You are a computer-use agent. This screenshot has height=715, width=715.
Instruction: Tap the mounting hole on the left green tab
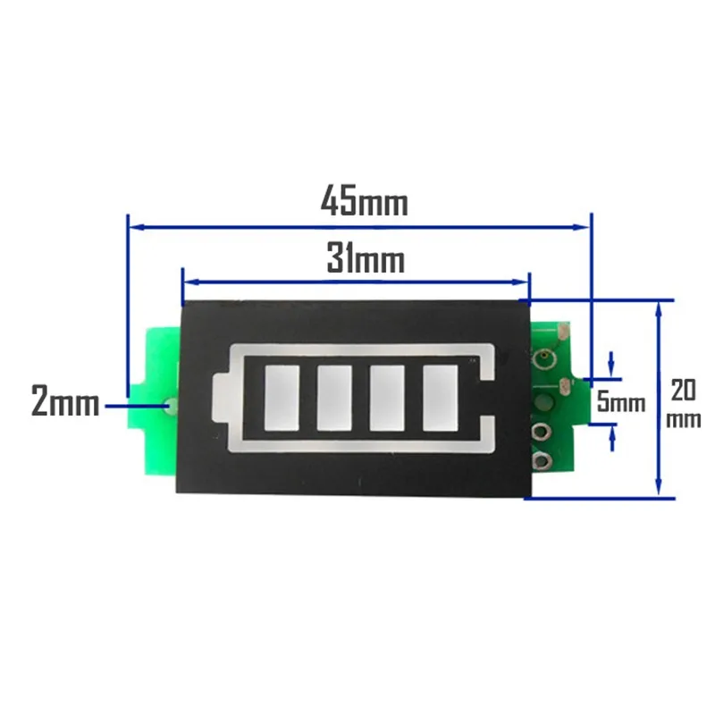click(170, 406)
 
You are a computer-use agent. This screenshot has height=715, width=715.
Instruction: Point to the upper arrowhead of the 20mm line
click(659, 307)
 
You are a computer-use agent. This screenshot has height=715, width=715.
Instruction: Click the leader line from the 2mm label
click(134, 406)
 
